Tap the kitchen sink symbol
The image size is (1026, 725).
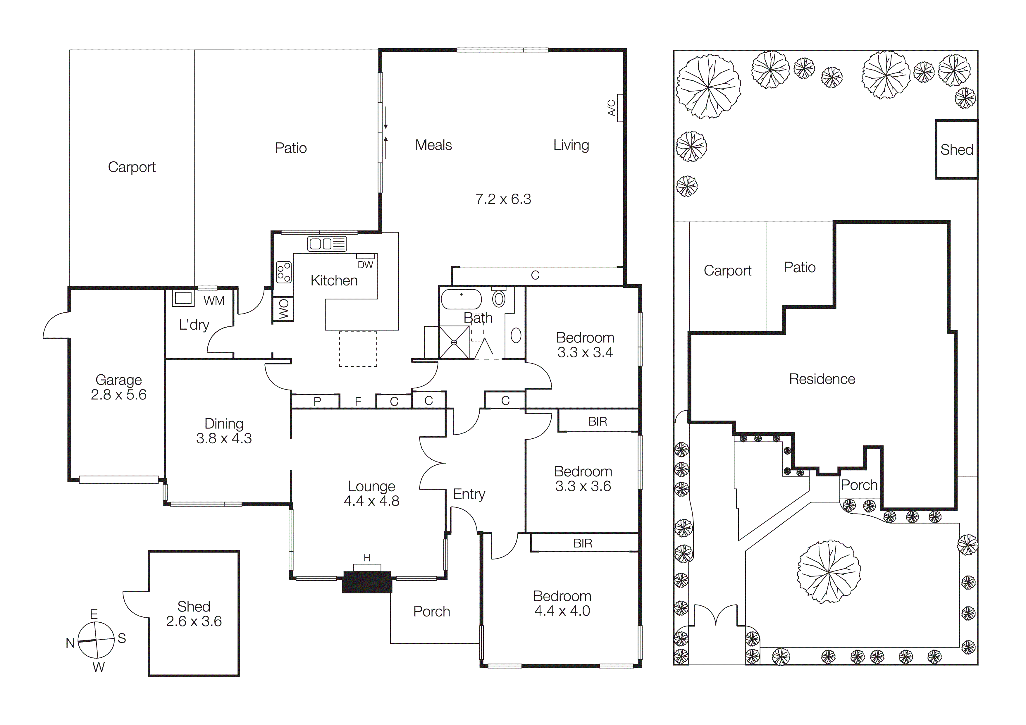coord(327,244)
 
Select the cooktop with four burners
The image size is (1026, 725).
coord(284,272)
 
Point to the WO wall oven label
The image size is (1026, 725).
coord(283,309)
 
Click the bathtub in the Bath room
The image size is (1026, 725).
coord(461,299)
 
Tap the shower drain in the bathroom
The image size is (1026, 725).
coord(454,343)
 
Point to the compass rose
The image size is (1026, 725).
coord(96,640)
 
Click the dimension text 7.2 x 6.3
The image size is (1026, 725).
coord(503,199)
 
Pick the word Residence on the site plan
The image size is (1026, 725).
coord(822,379)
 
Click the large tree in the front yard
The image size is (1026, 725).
coord(829,571)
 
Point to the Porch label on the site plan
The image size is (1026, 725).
coord(859,485)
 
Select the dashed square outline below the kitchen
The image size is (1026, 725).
coord(358,349)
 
